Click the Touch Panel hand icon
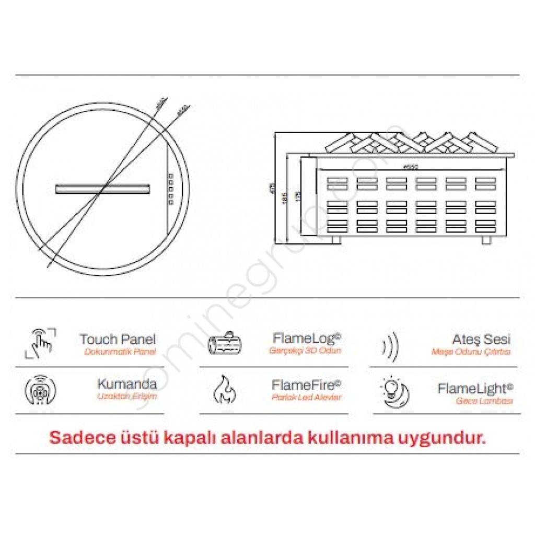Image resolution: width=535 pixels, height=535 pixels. coord(40,343)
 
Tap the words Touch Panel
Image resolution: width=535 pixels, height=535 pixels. coord(117,340)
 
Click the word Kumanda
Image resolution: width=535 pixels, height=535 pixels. coord(126,384)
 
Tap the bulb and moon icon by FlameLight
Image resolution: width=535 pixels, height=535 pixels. coord(395,391)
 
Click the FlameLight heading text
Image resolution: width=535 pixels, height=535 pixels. coord(475,389)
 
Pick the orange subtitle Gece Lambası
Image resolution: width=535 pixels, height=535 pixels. coord(484,401)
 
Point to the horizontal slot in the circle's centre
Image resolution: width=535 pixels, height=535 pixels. coord(102,189)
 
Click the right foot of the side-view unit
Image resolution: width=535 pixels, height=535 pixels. coord(486,239)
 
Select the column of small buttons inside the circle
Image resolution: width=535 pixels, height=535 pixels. coord(170,187)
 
